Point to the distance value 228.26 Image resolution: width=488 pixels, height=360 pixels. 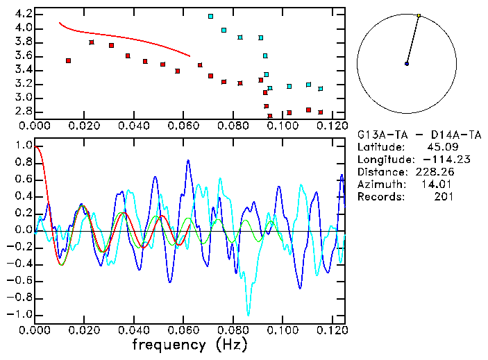(x=435, y=172)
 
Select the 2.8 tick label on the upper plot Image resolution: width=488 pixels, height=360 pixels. (x=22, y=112)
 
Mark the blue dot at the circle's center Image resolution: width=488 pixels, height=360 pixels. (x=407, y=64)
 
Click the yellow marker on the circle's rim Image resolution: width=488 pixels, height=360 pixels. (x=419, y=15)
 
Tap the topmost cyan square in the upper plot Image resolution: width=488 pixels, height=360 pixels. (x=210, y=16)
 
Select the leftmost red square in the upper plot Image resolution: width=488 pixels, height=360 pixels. (x=68, y=61)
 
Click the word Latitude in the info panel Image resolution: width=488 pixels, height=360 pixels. (x=380, y=147)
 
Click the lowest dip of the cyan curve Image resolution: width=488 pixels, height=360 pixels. (x=247, y=314)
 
